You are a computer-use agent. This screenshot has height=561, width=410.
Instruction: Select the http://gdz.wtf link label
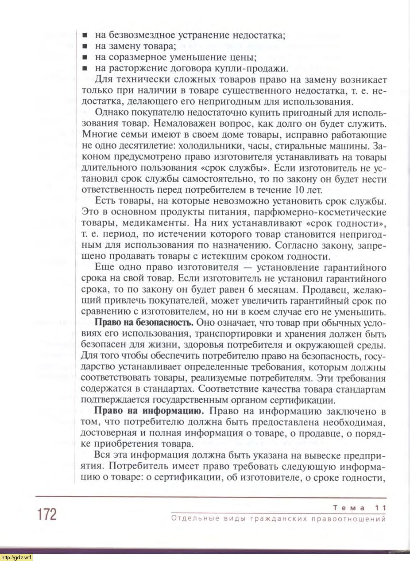pyautogui.click(x=16, y=557)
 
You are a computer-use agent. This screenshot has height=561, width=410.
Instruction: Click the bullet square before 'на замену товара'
pyautogui.click(x=85, y=46)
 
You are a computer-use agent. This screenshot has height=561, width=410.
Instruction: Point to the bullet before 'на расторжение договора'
pyautogui.click(x=85, y=69)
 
